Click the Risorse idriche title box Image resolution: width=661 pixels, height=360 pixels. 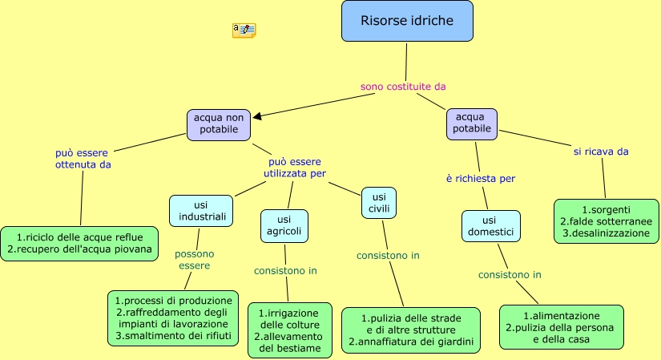tap(407, 21)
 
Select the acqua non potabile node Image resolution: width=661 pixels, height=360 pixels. tap(219, 123)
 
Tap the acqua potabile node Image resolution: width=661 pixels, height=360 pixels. tap(471, 123)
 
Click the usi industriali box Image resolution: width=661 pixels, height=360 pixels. tap(201, 210)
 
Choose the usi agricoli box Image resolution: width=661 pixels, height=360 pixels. tap(284, 225)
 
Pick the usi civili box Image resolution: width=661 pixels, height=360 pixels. tap(379, 202)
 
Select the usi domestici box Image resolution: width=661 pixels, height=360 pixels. tap(490, 225)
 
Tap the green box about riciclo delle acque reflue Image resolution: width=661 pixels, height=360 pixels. tap(79, 243)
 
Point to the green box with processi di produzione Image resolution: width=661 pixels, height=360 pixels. tap(173, 318)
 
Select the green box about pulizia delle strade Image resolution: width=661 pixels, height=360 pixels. tap(411, 330)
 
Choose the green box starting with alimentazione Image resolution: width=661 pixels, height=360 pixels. tap(561, 327)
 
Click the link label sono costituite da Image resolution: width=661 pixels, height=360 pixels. tap(403, 86)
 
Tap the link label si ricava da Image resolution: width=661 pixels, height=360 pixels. tap(600, 151)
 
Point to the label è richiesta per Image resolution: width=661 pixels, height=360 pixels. tap(481, 178)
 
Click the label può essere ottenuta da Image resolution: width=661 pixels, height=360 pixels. tap(83, 158)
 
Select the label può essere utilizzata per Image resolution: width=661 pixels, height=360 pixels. tap(295, 167)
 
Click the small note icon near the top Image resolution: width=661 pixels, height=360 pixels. tap(244, 30)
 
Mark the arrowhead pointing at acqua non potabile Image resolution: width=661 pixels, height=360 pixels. tap(256, 116)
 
